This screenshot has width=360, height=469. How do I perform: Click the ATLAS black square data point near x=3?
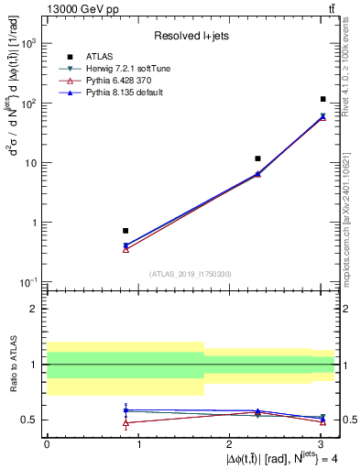[x=323, y=99]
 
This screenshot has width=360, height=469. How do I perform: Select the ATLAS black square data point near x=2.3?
[x=257, y=158]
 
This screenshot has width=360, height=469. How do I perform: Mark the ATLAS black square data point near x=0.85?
[x=125, y=231]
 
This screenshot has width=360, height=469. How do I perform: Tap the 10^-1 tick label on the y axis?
[x=30, y=282]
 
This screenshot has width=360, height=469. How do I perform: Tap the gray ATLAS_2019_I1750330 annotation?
[x=191, y=274]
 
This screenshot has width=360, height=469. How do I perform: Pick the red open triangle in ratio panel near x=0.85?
[x=125, y=422]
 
